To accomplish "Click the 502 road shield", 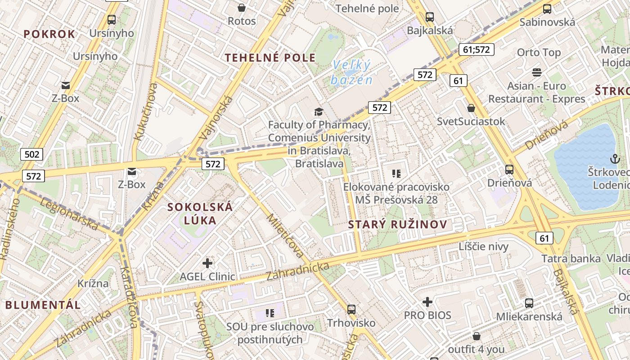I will point(31,155).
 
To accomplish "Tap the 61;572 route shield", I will point(477,49).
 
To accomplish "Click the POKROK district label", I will point(49,34).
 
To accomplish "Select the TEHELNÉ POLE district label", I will point(270,58).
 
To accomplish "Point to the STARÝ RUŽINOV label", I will point(398,225).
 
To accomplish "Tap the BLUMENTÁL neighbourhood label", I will point(43,305).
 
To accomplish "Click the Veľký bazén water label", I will point(352,73).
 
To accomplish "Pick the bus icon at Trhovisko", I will point(351,310).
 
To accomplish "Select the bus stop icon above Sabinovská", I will point(547,9).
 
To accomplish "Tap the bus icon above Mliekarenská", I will point(529,303).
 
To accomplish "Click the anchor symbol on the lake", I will point(614,158).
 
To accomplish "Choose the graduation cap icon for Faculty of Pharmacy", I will point(319,112).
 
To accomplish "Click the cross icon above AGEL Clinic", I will point(207,263).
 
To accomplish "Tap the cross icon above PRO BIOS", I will point(427,302).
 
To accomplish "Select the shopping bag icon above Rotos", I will point(242,8).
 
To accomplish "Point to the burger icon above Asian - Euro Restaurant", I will point(536,72).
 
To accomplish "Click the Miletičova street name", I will point(285,235).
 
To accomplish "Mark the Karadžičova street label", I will point(129,297).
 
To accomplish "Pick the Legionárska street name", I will point(69,214).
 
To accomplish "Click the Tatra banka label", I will point(571,259).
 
